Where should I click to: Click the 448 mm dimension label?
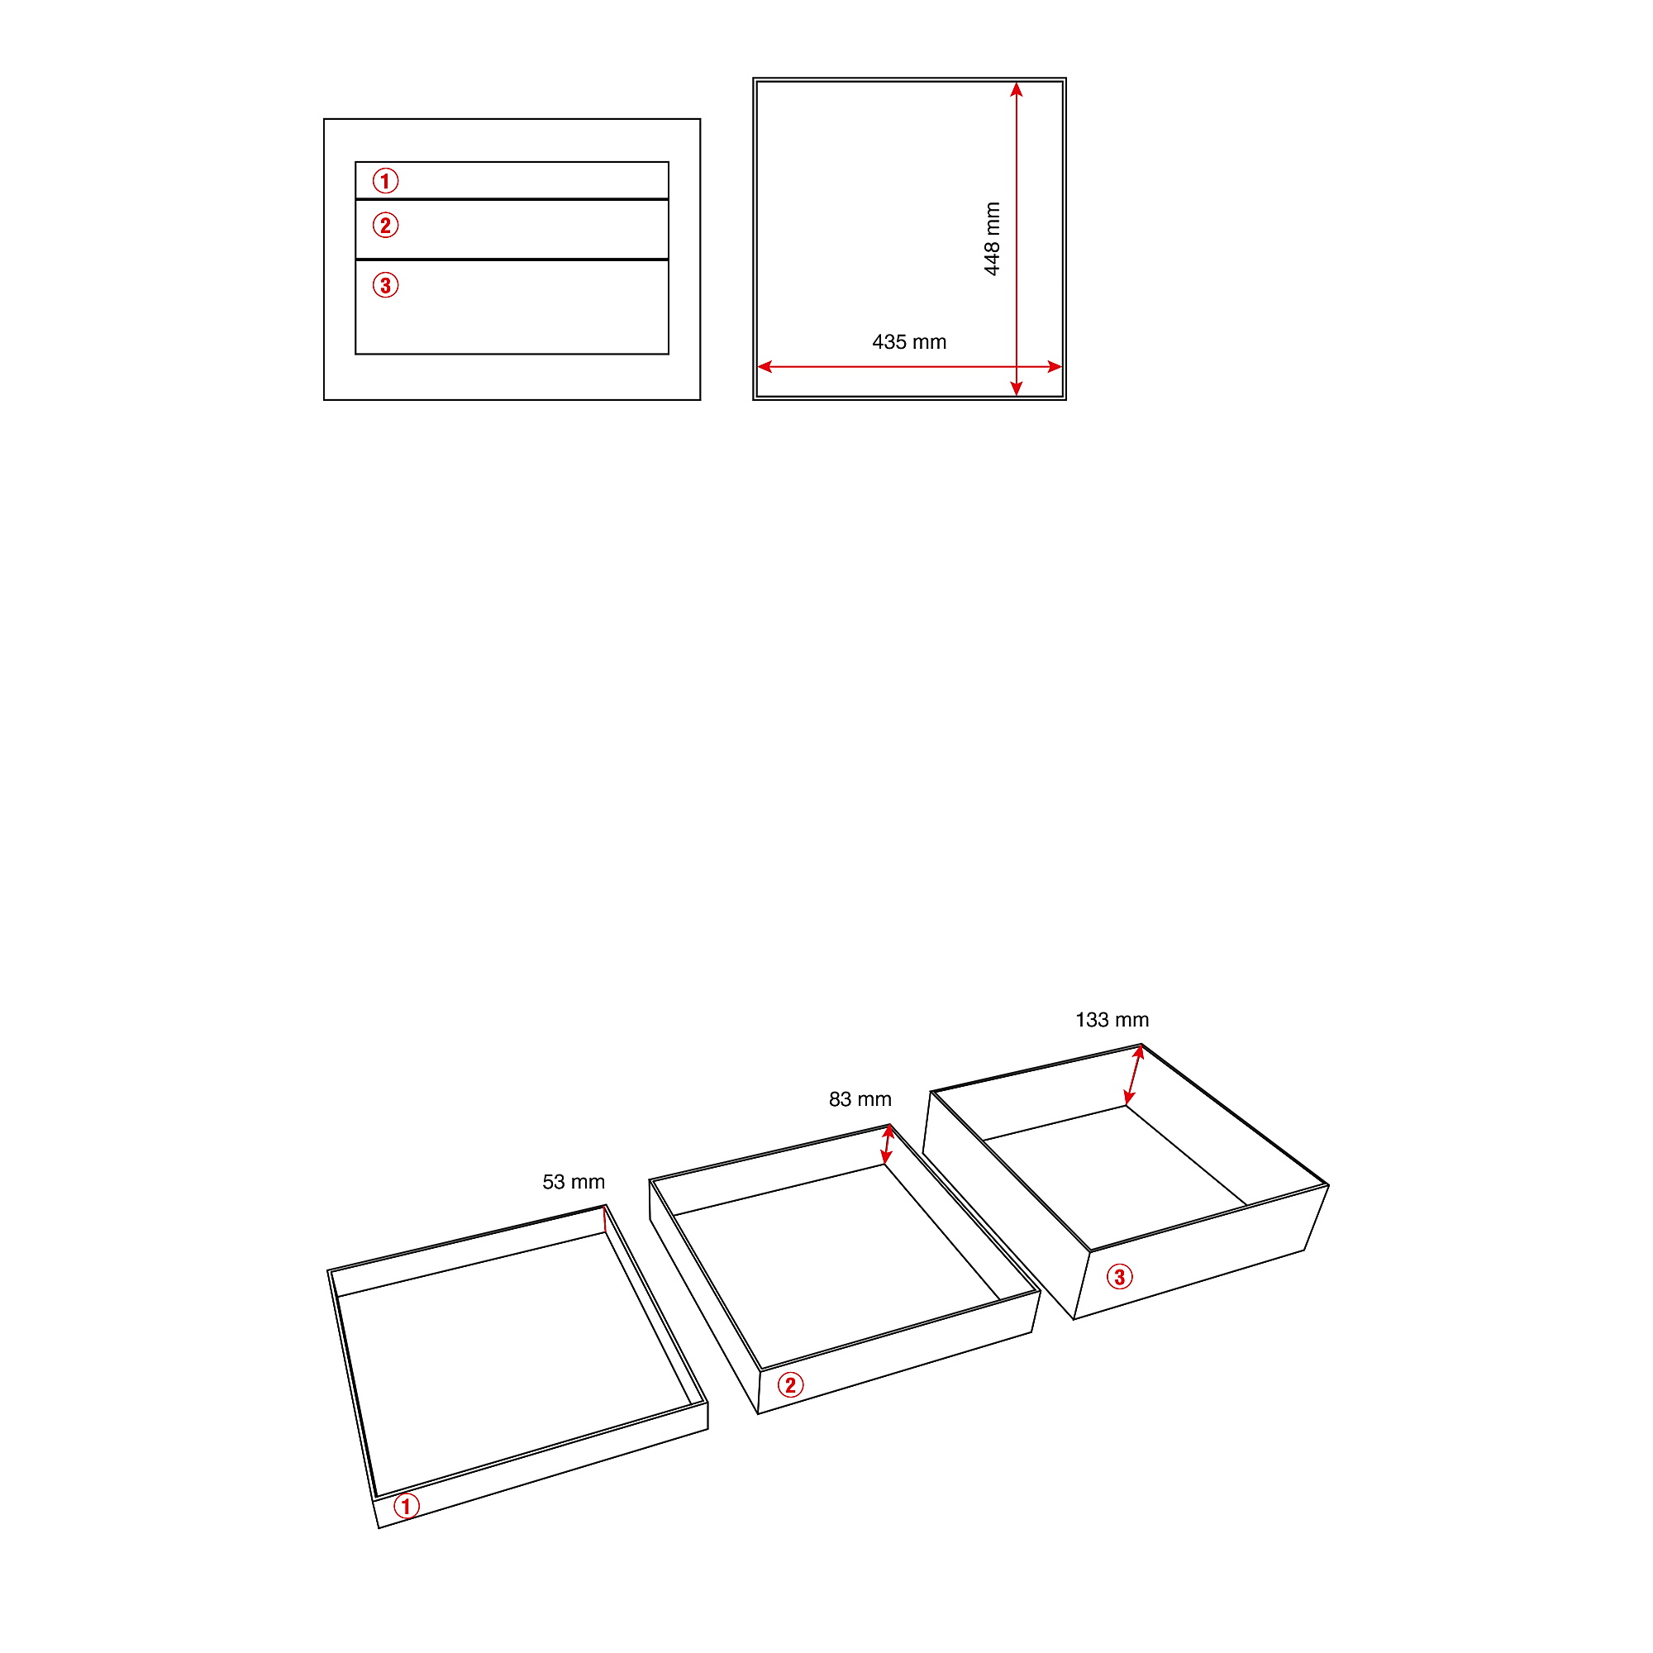coord(992,239)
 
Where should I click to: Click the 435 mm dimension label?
coord(908,342)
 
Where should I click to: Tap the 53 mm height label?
coord(574,1182)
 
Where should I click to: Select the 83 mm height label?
coord(860,1098)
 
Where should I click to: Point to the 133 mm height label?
coord(1112,1020)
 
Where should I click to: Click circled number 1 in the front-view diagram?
coord(385,180)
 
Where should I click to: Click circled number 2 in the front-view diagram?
coord(385,225)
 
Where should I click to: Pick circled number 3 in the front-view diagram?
coord(385,285)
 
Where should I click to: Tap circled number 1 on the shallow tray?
coord(407,1506)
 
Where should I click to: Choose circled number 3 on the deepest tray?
coord(1119,1278)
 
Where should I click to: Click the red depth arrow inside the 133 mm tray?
coord(1134,1074)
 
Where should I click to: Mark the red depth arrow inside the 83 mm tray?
coord(887,1146)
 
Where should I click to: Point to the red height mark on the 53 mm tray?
coord(605,1219)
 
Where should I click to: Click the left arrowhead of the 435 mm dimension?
coord(765,366)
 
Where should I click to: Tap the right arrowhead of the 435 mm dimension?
coord(1055,366)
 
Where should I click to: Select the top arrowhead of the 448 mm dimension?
coord(1017,89)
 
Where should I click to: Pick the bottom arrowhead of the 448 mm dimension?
coord(1017,389)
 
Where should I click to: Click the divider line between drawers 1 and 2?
coord(512,199)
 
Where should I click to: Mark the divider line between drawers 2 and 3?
coord(512,260)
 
